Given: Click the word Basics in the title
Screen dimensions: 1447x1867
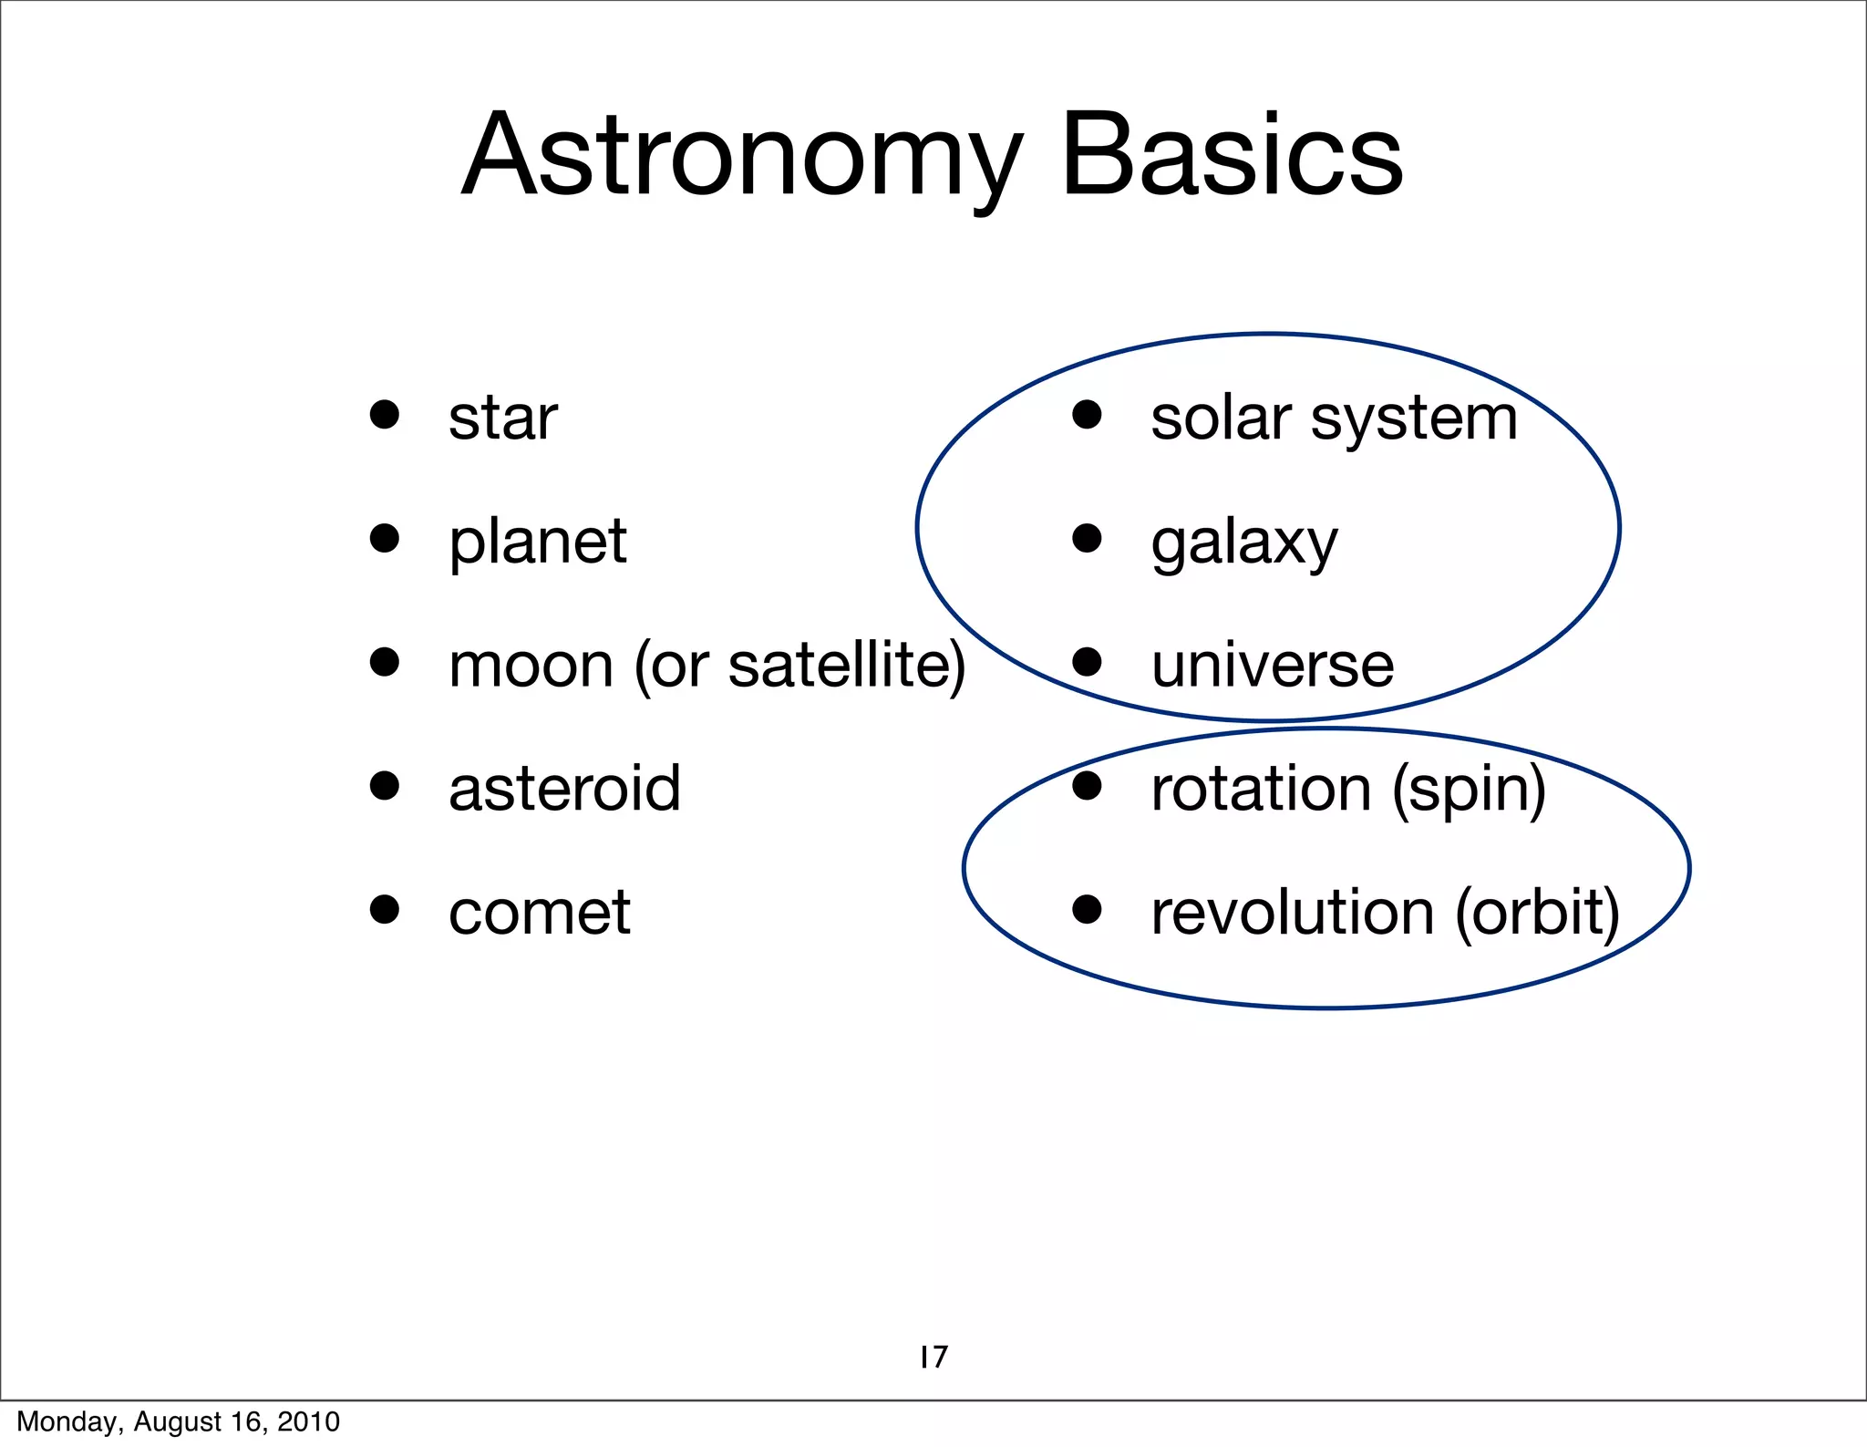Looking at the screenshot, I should pos(1233,157).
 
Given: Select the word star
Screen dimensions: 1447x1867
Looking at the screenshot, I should pos(503,419).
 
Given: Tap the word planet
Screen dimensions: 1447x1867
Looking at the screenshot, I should pos(538,543).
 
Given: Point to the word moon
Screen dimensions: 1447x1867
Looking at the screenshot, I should pos(531,666).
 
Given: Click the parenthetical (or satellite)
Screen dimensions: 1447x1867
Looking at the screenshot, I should pos(800,666).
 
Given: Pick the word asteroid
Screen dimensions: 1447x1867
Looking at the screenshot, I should pos(565,789).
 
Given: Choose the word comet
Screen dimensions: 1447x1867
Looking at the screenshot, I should pos(540,913).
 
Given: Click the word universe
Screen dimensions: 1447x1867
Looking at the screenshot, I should pos(1273,666).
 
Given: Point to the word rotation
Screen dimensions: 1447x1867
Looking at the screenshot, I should pos(1261,789).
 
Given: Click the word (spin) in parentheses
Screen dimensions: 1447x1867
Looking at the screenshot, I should pos(1470,791).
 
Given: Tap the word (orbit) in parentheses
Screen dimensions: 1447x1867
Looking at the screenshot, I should pos(1538,913).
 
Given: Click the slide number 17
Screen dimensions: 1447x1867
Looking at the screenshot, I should pos(933,1357).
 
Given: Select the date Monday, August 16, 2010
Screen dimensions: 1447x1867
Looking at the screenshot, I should pos(179,1421).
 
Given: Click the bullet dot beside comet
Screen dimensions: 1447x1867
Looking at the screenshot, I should pos(385,909).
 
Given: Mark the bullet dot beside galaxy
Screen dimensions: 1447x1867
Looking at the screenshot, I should pos(1087,538).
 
